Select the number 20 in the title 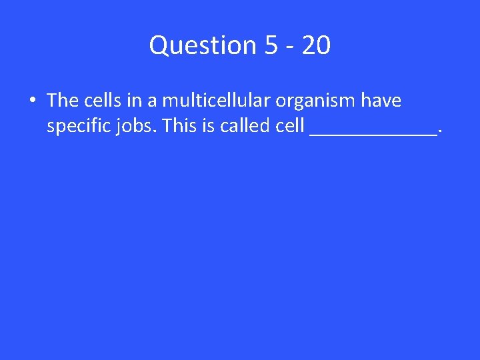click(315, 46)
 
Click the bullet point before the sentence click(32, 101)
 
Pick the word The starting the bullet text click(63, 101)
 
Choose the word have click(381, 101)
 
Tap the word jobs click(135, 126)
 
